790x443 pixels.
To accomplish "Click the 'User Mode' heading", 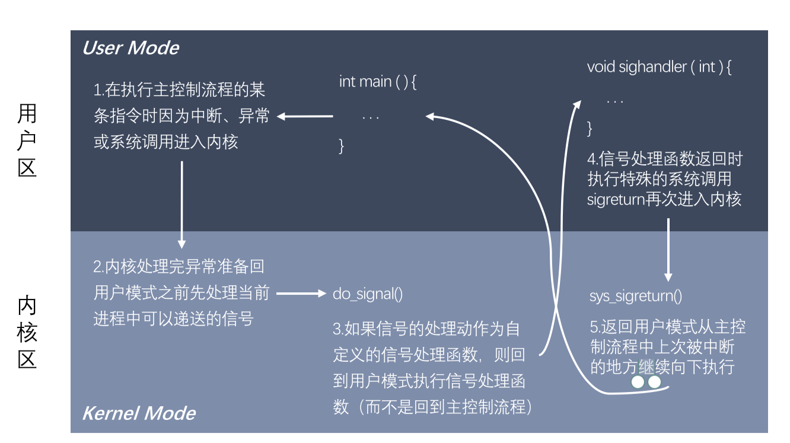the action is click(x=130, y=48).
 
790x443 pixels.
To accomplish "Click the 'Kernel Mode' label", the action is click(x=139, y=413).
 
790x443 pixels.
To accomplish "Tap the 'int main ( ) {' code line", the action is click(x=378, y=82).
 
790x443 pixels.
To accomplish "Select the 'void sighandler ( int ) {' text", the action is click(x=659, y=67).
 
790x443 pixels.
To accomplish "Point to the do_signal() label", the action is click(x=368, y=294).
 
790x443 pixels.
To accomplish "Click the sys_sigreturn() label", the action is click(x=636, y=296).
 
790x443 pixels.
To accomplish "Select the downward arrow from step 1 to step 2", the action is click(x=182, y=205).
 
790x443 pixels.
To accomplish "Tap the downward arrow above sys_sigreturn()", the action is click(x=668, y=249).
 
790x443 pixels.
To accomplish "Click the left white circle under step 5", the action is click(x=638, y=383).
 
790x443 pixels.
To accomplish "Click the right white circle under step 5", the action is click(x=654, y=383).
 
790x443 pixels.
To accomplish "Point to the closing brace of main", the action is click(x=342, y=146).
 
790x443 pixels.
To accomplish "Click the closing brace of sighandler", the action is click(x=590, y=129).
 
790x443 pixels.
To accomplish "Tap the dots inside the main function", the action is click(x=371, y=117).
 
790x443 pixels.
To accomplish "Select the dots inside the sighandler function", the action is click(x=615, y=101).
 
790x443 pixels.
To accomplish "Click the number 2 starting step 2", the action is click(x=98, y=267).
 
